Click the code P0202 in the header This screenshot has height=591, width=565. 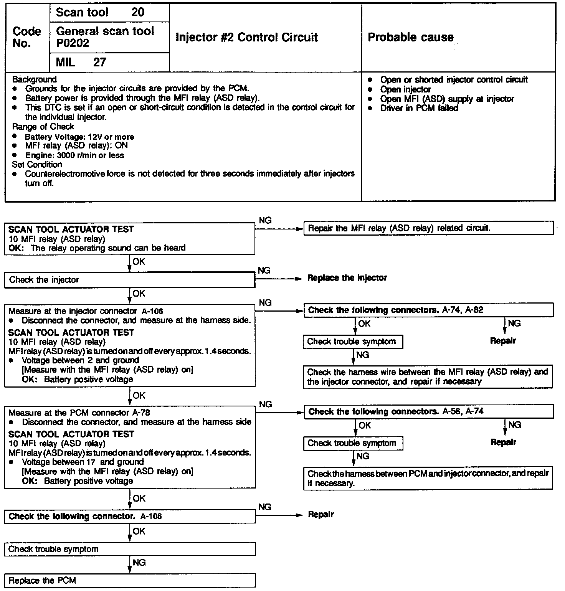pyautogui.click(x=73, y=43)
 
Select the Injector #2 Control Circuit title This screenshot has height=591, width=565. pyautogui.click(x=246, y=37)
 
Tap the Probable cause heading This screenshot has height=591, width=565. pyautogui.click(x=410, y=37)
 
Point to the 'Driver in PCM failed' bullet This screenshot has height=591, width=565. pyautogui.click(x=419, y=108)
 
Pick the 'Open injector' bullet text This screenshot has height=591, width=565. pyautogui.click(x=405, y=89)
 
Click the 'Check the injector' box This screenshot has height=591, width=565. pyautogui.click(x=129, y=280)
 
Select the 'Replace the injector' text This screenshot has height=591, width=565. pyautogui.click(x=347, y=278)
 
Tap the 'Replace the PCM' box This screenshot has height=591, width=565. pyautogui.click(x=129, y=581)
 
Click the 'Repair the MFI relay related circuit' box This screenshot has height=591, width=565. pyautogui.click(x=428, y=228)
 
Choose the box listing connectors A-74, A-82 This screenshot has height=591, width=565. pyautogui.click(x=428, y=310)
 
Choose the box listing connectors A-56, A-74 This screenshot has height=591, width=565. pyautogui.click(x=428, y=412)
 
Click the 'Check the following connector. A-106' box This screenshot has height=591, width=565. pyautogui.click(x=129, y=517)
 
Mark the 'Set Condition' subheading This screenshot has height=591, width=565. pyautogui.click(x=37, y=165)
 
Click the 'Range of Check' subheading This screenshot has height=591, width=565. pyautogui.click(x=43, y=127)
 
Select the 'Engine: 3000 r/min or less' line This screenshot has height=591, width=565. pyautogui.click(x=74, y=155)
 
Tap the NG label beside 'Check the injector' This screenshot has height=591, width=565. pyautogui.click(x=264, y=271)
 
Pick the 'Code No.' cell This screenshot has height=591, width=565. pyautogui.click(x=27, y=37)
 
